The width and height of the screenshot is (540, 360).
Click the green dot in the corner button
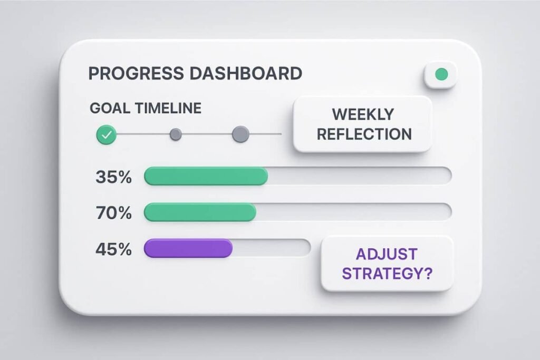click(441, 75)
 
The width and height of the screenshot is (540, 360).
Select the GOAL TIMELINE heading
click(146, 108)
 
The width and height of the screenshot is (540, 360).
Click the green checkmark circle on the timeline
click(107, 135)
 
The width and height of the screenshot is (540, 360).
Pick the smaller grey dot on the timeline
click(176, 135)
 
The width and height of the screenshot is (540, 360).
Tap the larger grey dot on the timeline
click(240, 134)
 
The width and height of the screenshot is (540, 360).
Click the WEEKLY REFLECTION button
click(363, 124)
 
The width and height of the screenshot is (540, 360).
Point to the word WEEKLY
click(363, 114)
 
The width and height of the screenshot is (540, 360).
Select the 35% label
click(113, 177)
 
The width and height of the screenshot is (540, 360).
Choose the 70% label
click(113, 212)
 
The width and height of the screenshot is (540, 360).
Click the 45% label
click(113, 248)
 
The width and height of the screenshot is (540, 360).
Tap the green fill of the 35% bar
click(206, 177)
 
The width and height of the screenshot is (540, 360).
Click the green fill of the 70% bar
click(200, 212)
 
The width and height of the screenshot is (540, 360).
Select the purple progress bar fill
click(188, 248)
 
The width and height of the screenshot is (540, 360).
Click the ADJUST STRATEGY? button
click(387, 263)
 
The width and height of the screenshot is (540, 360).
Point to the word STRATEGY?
click(387, 273)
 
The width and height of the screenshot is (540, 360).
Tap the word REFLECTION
click(363, 134)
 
